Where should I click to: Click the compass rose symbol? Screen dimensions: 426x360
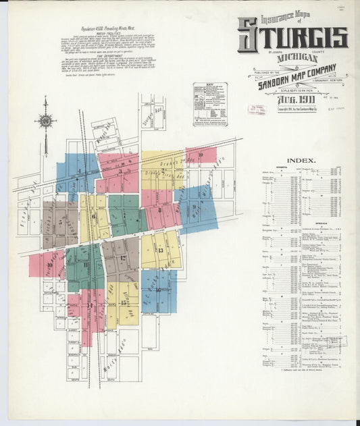coord(45,122)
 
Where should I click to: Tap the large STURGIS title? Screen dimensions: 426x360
coord(292,38)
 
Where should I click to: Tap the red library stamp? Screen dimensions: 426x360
coord(257,109)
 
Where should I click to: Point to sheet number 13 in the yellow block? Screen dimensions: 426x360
coord(160,250)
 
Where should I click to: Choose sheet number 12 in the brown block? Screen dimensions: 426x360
coord(123,258)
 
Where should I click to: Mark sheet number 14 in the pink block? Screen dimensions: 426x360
coord(89,305)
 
